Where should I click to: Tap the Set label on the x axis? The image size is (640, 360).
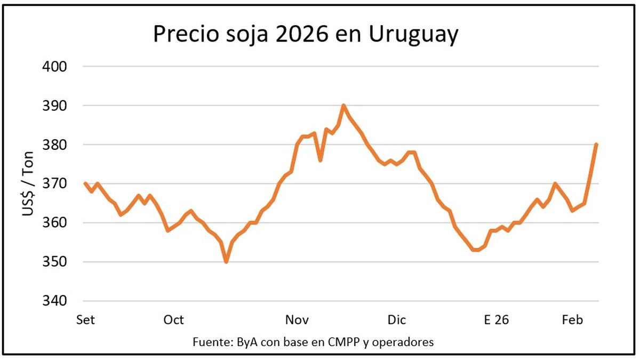coord(85,320)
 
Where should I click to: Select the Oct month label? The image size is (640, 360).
coord(174,320)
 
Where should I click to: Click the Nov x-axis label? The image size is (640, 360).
coord(297,320)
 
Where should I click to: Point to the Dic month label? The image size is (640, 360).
coord(397,320)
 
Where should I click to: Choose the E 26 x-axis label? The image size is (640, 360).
coord(496,320)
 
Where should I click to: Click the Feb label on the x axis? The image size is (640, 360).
coord(572,320)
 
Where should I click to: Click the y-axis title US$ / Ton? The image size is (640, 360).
coord(28,184)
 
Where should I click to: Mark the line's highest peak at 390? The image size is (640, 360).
coord(343,106)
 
